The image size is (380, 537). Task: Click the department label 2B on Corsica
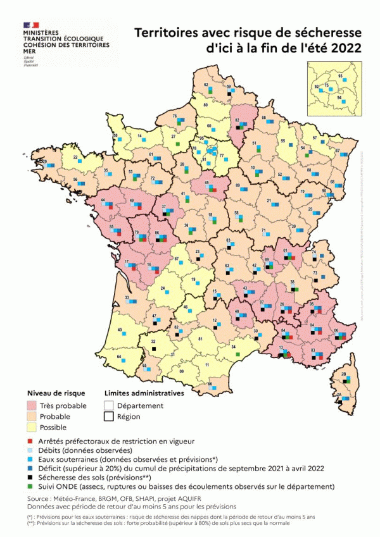(344, 375)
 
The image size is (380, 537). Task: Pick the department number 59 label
(229, 86)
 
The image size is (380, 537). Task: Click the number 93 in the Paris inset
(340, 76)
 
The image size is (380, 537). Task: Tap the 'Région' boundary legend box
(110, 417)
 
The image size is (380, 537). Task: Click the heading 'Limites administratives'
(144, 393)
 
